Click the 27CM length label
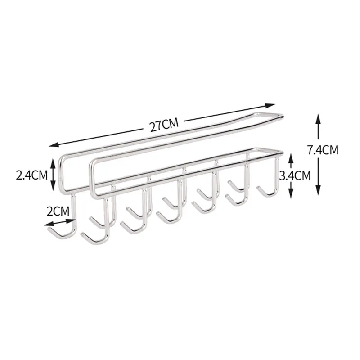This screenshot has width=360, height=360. (164, 125)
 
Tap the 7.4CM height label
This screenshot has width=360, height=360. (323, 150)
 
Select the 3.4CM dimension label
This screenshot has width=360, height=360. (295, 175)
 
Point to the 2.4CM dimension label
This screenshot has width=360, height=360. (31, 175)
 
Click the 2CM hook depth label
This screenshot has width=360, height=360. (58, 211)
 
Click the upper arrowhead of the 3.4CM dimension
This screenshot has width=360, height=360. (291, 158)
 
